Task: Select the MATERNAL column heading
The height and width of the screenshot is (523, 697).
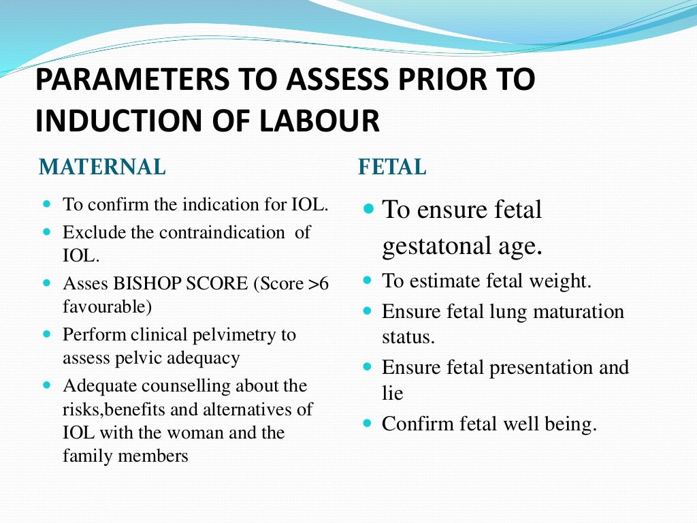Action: [x=102, y=167]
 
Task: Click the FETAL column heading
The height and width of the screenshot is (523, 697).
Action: [x=392, y=167]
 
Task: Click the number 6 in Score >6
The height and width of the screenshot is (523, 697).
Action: [x=324, y=283]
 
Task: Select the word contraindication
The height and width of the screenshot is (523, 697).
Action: [x=222, y=232]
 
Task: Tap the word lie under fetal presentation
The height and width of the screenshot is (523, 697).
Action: [x=392, y=393]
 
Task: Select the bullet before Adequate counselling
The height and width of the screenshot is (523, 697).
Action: [x=47, y=385]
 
